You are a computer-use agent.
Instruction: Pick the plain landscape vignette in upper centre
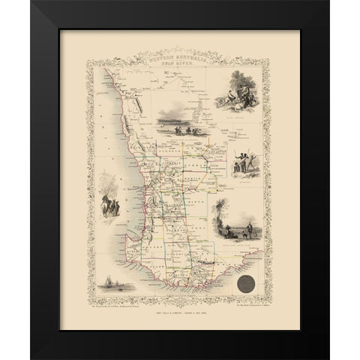pyautogui.click(x=178, y=121)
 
